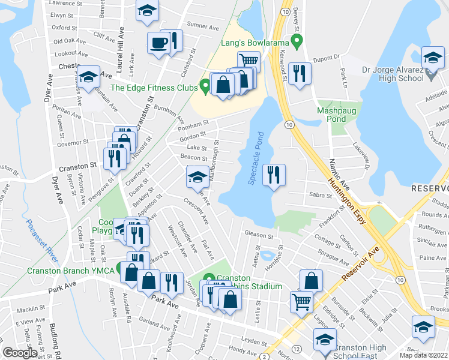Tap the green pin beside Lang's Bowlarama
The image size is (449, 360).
[295, 41]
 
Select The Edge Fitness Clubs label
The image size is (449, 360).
[154, 88]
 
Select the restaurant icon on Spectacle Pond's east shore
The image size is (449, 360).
[274, 175]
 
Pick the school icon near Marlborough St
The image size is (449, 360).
[196, 176]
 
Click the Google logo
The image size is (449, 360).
[20, 353]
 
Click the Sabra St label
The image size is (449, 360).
[321, 196]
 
